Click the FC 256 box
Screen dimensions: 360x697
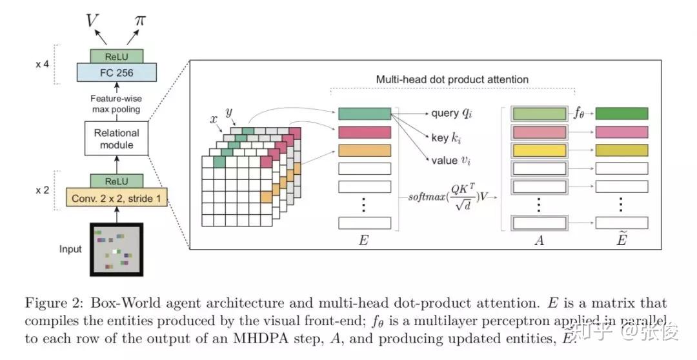[x=116, y=73]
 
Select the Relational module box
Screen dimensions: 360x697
[x=116, y=139]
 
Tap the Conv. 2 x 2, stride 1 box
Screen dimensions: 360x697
[x=116, y=199]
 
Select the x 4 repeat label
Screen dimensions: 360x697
[x=42, y=65]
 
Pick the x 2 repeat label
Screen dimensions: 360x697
[x=42, y=190]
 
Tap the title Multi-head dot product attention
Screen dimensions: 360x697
[x=452, y=79]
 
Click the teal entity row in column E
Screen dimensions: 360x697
[x=365, y=114]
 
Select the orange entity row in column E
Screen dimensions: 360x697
[x=365, y=150]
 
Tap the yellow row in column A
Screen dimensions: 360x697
[x=539, y=150]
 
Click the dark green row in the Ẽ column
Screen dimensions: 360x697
[x=621, y=114]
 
